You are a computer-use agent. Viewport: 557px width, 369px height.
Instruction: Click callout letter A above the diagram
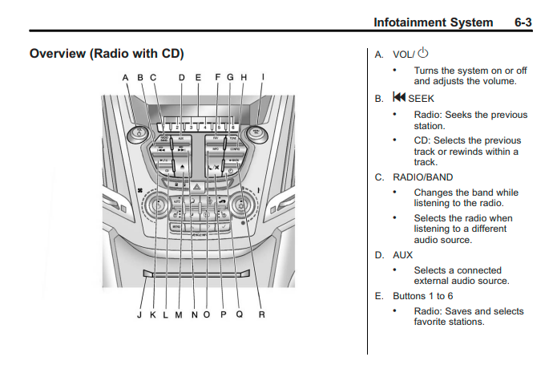[x=126, y=78]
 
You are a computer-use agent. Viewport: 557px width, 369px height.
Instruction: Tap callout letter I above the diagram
[x=264, y=78]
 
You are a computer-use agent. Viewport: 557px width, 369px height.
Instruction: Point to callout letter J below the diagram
[x=139, y=315]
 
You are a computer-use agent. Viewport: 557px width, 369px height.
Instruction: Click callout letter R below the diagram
[x=261, y=315]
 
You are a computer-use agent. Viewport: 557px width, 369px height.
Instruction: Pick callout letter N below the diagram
[x=195, y=315]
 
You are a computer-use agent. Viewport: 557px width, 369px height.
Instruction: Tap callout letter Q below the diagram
[x=239, y=315]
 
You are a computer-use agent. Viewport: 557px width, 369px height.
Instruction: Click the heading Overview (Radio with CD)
[x=107, y=54]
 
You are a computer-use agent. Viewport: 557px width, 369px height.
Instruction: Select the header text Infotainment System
[x=433, y=22]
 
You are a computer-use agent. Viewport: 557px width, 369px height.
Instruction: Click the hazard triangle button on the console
[x=196, y=185]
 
